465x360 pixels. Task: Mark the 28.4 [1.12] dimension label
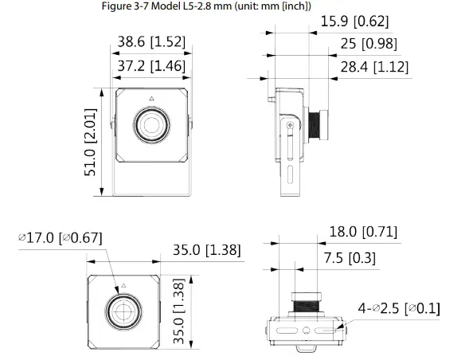click(x=374, y=68)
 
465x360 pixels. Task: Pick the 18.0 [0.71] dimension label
click(x=363, y=232)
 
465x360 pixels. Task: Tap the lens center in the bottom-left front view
click(x=124, y=311)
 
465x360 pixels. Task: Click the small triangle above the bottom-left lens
click(x=124, y=284)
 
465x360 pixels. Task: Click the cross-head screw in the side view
click(x=290, y=124)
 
